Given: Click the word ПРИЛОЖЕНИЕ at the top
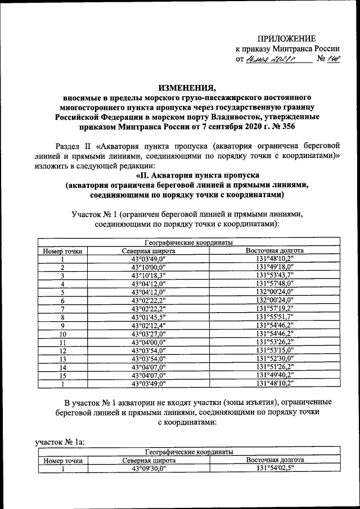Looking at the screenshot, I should click(x=287, y=38).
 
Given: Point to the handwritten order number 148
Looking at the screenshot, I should click(x=334, y=58).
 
